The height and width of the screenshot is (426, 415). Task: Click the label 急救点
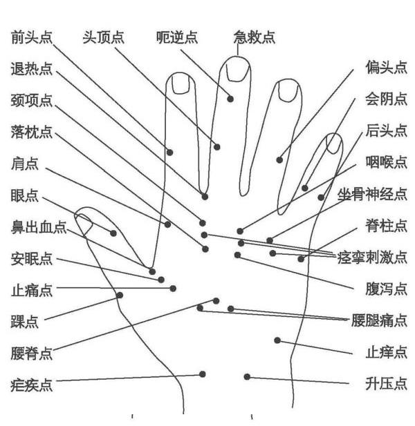[255, 37]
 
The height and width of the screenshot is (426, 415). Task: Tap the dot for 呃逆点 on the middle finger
[230, 99]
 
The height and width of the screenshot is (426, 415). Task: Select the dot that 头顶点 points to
[217, 147]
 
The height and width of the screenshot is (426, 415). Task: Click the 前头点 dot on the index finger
[170, 153]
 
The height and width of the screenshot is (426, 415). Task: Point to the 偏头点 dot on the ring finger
[279, 160]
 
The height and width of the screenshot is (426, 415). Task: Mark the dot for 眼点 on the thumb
[113, 233]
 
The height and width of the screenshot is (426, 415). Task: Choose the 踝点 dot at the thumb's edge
[120, 296]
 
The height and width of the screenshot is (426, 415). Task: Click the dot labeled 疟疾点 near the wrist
[203, 374]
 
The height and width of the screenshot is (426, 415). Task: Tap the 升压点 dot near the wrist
[247, 377]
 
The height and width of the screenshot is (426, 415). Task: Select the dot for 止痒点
[277, 340]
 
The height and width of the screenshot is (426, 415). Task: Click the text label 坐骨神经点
[372, 194]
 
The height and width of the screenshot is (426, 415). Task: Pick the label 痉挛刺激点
[372, 258]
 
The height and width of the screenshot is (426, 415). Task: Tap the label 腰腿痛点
[379, 320]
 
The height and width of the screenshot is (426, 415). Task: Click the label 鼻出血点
[39, 227]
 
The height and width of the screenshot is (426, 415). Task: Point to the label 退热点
[32, 69]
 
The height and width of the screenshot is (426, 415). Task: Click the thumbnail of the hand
[84, 223]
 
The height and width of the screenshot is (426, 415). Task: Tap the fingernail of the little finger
[334, 144]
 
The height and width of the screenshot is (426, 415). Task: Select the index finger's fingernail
[181, 84]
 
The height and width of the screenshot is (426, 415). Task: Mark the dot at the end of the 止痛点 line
[173, 289]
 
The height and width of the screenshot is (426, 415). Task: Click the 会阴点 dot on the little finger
[305, 188]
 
